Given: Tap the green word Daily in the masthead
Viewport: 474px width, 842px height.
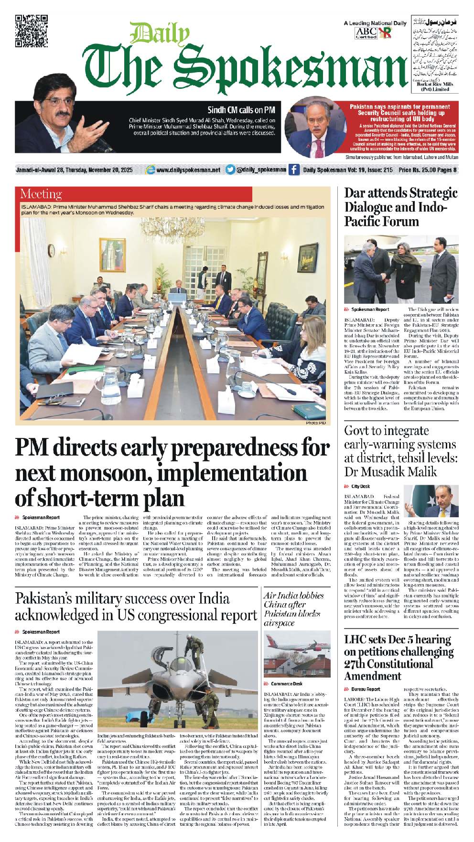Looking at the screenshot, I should tap(160, 35).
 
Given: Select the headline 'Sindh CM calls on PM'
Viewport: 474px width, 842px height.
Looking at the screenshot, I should tap(241, 110).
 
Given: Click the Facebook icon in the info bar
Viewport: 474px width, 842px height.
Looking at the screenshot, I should tap(294, 170).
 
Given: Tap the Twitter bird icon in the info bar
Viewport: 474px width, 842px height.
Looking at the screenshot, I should tap(230, 170).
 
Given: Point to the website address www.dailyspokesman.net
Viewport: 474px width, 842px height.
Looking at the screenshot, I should tap(188, 170).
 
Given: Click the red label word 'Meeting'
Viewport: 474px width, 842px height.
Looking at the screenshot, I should tap(41, 194).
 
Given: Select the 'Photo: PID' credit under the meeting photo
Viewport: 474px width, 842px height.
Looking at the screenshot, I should tap(315, 423).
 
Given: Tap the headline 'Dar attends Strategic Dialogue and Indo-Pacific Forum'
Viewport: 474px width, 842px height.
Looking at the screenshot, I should tap(400, 207).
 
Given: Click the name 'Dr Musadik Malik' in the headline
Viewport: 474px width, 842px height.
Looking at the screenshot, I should tap(390, 472).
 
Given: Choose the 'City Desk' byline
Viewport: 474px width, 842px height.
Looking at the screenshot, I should tap(361, 486).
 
